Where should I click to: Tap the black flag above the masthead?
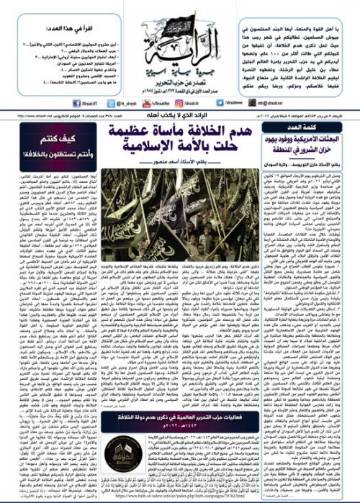coord(180,17)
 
